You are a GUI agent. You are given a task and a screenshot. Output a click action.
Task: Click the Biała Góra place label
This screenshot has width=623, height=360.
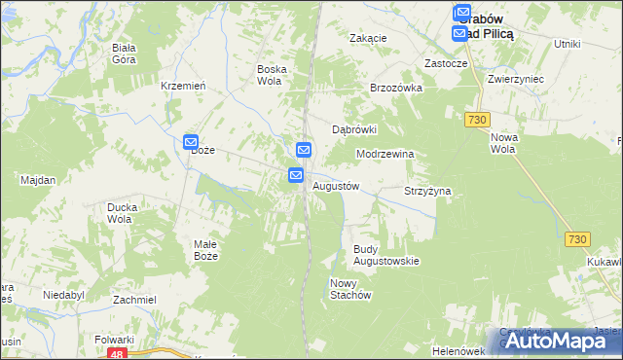tap(124, 53)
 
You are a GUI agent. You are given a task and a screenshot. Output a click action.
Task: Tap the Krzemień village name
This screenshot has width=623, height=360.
tap(183, 86)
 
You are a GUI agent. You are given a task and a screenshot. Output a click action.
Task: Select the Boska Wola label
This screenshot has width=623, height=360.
tap(270, 75)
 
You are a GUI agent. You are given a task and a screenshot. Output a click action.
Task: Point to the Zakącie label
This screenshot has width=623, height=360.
tap(369, 38)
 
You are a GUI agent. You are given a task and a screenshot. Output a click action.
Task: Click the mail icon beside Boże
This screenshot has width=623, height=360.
tap(191, 142)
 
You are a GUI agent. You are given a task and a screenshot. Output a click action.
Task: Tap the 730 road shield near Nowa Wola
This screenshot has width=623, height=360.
tap(476, 119)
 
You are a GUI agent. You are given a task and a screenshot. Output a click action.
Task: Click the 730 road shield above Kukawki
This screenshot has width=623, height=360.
tap(578, 239)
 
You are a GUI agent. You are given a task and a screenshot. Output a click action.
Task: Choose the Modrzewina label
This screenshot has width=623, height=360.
tap(385, 154)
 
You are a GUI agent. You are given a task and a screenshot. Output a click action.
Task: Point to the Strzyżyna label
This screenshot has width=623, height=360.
tap(428, 192)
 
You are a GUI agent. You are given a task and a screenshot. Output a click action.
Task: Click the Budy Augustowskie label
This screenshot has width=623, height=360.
tap(385, 255)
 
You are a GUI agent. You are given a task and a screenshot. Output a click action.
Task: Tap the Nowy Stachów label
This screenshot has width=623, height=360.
tap(350, 289)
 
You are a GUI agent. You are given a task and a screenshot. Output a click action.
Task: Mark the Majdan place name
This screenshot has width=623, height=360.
tap(38, 180)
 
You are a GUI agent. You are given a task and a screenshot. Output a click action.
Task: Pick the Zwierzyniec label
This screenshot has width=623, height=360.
tap(516, 79)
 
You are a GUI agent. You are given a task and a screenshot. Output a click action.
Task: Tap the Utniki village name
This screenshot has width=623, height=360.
tap(567, 44)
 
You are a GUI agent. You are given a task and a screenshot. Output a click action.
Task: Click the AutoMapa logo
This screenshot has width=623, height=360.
tap(559, 341)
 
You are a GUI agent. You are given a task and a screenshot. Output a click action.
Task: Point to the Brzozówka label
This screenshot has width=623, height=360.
tap(395, 87)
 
